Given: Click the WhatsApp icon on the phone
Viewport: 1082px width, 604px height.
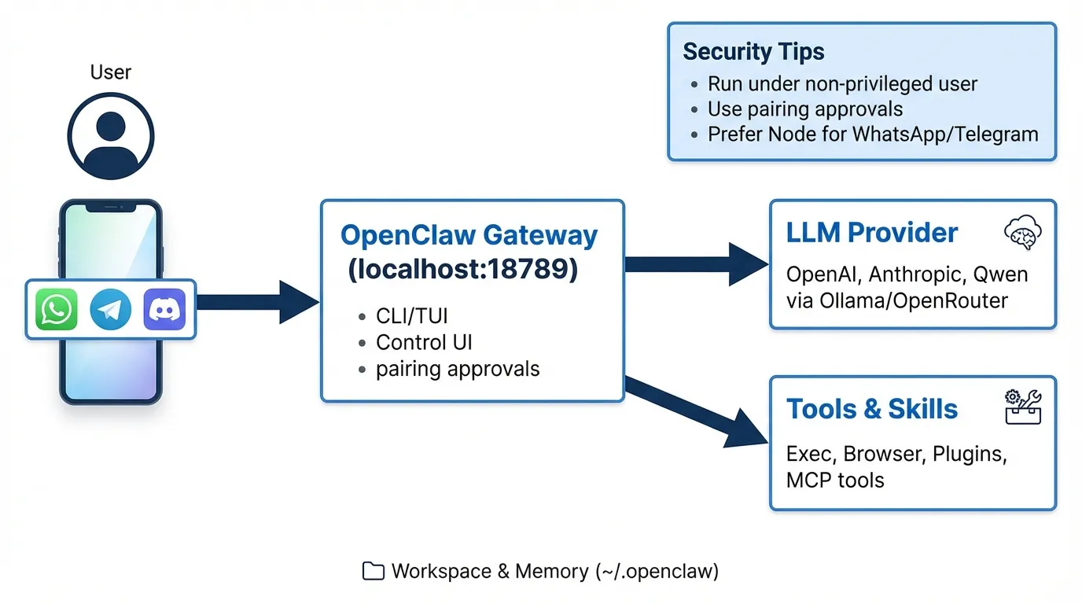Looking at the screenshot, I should (x=57, y=309).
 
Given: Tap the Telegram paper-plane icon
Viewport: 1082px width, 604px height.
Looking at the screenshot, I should (x=110, y=309).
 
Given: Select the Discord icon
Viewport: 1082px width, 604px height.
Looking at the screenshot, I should (x=164, y=309).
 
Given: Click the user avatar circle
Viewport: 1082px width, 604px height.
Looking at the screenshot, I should (x=110, y=135).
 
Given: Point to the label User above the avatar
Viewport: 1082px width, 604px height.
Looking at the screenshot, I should (x=110, y=72).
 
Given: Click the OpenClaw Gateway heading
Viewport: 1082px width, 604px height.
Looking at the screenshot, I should (x=469, y=235).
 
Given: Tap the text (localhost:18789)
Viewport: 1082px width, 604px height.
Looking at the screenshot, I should (x=462, y=270).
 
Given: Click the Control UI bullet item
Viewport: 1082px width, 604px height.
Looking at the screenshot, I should (x=424, y=342).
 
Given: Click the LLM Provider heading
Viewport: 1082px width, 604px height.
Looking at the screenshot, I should (x=872, y=233).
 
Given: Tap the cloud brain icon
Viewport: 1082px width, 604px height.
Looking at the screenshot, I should (x=1023, y=233).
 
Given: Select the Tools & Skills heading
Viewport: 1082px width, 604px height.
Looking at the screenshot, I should (x=872, y=409).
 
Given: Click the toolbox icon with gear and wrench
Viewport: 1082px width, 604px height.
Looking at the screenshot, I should (x=1023, y=407).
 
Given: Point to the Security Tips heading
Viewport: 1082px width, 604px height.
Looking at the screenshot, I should (x=753, y=52).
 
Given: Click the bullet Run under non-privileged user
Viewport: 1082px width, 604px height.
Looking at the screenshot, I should (x=842, y=84).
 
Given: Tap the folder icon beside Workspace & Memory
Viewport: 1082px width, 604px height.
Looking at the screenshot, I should (x=373, y=572).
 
